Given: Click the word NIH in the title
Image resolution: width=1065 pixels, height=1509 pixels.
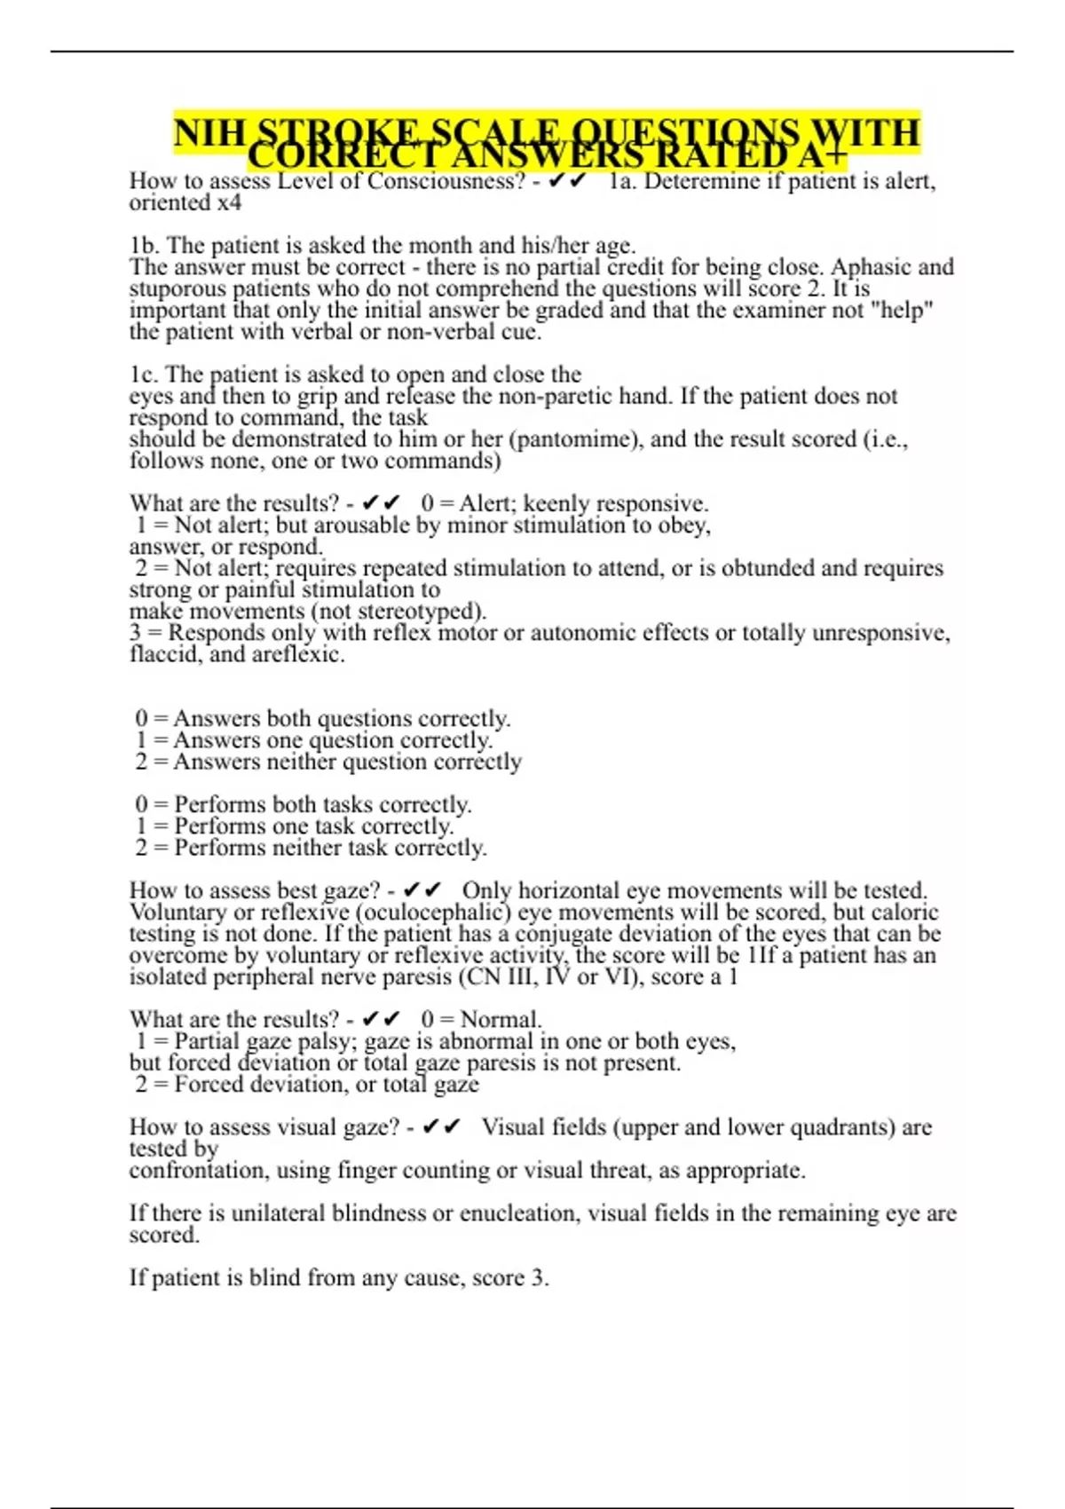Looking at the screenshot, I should tap(209, 133).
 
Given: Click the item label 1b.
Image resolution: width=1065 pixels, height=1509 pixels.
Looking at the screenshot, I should tap(144, 245).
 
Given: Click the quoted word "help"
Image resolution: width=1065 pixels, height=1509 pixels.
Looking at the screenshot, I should tap(905, 310).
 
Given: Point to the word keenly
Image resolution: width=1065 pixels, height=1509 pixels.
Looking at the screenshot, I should tap(557, 503).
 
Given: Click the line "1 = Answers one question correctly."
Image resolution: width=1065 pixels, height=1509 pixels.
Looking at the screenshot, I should tap(314, 740).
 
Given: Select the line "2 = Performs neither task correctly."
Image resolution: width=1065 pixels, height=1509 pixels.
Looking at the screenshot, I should tap(311, 848).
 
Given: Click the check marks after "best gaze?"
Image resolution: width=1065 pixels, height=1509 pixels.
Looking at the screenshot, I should tap(422, 890).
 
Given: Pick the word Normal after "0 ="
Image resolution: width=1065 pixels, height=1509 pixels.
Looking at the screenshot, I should tap(501, 1020).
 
